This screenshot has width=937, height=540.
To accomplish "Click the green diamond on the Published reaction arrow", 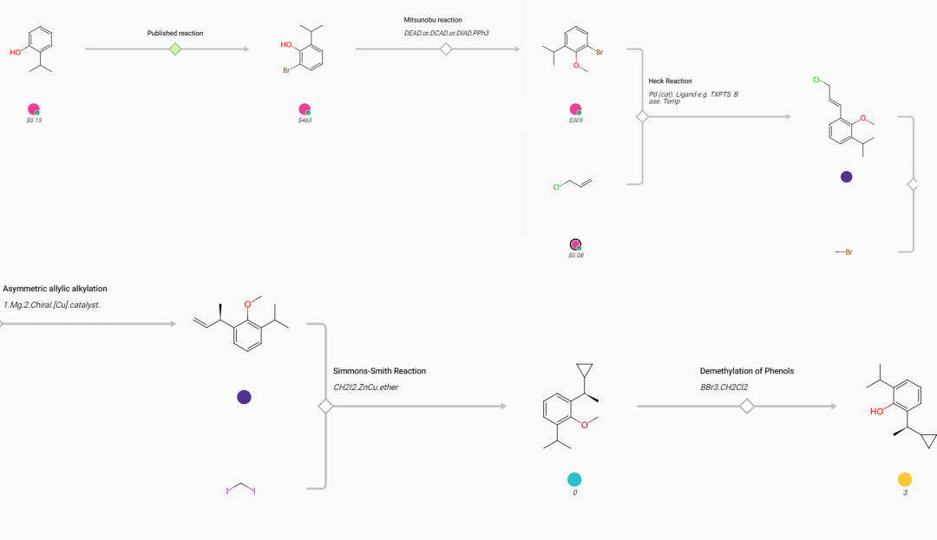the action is coord(175,49).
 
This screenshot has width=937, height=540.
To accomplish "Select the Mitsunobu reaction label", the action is coord(433,20).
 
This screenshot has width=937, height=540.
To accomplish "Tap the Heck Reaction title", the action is coord(670,81).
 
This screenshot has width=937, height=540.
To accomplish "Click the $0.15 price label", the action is coord(34,120).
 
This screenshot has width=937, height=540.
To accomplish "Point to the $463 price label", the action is coord(305,120).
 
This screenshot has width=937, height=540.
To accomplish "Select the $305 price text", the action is coord(575,120).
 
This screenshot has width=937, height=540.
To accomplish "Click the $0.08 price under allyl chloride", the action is coord(575,256).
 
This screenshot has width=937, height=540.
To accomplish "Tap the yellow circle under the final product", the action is coord(905,479).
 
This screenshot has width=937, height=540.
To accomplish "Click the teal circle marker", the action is coord(574,479).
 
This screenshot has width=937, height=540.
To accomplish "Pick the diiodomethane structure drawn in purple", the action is coord(241,489).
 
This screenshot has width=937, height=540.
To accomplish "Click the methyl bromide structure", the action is coord(844,252).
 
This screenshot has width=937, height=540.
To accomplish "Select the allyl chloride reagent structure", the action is coord(573,184).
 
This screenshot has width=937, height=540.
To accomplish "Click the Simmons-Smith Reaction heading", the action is coord(379,371).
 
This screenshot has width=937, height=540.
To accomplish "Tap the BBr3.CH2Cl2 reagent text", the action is coord(724,387).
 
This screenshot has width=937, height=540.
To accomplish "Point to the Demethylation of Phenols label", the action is coord(747,371).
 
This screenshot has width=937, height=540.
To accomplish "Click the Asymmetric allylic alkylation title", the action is coord(55,289).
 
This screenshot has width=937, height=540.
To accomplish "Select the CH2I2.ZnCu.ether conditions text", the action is coord(366,387).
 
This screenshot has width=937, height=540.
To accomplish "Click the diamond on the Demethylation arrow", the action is coord(746,407).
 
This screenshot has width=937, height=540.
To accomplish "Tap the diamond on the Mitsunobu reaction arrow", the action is coord(446,49).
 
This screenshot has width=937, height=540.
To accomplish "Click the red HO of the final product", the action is coord(876,411).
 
